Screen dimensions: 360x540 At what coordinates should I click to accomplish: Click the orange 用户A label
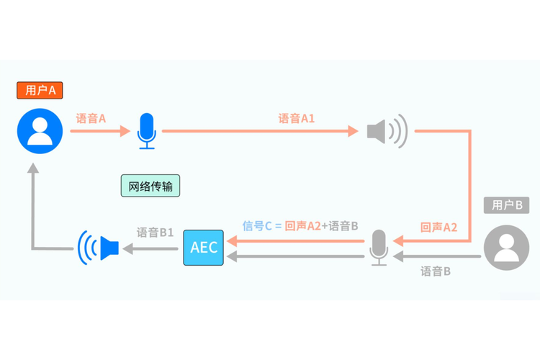[40, 90]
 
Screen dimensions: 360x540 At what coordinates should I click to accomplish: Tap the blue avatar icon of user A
[40, 131]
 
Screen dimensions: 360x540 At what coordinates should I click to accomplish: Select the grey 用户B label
[507, 204]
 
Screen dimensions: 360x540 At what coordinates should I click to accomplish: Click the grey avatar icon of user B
[507, 248]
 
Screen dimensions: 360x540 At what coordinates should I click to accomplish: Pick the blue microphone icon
[147, 131]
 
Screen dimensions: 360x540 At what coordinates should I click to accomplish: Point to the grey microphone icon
[379, 248]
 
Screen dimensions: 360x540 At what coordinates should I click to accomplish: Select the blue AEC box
[203, 248]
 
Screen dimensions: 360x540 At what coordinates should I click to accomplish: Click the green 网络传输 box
[150, 186]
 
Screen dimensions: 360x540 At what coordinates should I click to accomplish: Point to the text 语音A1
[297, 118]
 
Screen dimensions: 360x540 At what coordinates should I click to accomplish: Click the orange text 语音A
[91, 118]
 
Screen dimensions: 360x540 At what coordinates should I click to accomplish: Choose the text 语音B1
[156, 233]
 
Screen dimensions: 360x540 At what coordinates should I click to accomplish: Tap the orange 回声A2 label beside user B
[439, 227]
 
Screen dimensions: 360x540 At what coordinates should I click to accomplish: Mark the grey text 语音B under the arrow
[436, 271]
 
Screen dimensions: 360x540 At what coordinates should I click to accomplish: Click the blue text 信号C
[258, 226]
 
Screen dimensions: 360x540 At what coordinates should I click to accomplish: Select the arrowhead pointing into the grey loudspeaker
[353, 131]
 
